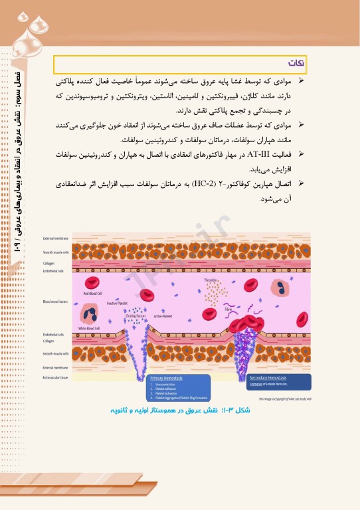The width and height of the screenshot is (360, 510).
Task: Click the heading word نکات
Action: pos(296,63)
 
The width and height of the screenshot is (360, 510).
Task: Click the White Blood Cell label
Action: pos(88,327)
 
